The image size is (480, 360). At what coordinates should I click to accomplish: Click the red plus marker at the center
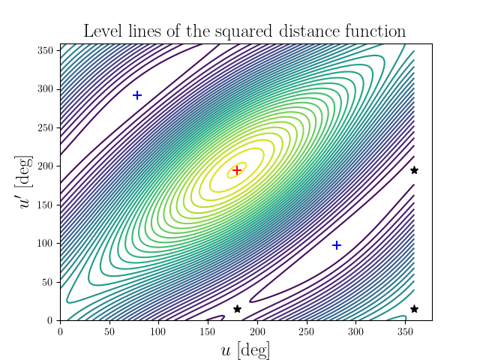pos(237,170)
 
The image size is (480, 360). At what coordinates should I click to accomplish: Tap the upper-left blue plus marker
pos(137,95)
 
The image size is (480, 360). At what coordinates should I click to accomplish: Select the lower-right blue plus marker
pos(337,245)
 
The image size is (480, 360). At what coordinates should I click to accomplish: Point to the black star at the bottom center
pos(237,309)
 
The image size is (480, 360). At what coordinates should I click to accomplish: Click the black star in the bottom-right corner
pos(414,309)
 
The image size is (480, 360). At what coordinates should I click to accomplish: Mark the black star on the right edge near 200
pos(414,170)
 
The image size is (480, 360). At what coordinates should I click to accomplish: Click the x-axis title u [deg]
pos(245,349)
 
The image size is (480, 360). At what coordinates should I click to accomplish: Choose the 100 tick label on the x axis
pos(159,331)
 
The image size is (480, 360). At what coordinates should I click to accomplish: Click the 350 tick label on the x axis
pos(405,331)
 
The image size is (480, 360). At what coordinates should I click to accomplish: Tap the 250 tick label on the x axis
pos(307,331)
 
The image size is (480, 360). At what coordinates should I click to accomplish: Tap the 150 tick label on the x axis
pos(208,331)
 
